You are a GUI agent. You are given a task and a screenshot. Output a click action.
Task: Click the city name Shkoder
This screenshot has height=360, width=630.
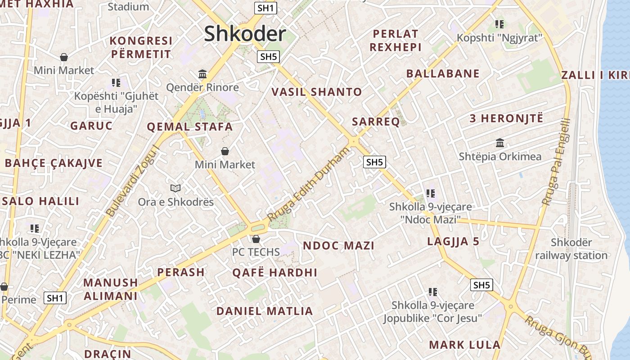(x=245, y=34)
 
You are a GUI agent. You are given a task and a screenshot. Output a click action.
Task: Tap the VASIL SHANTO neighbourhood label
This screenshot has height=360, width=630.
(x=317, y=92)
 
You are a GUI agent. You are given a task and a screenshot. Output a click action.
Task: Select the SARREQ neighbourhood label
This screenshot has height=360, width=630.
(x=376, y=121)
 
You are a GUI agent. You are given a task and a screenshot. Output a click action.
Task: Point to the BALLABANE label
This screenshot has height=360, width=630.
(x=443, y=74)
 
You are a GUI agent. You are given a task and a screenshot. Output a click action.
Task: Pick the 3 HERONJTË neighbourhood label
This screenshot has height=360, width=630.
(x=506, y=119)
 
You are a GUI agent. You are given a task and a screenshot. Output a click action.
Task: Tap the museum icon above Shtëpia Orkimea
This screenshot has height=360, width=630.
(x=499, y=143)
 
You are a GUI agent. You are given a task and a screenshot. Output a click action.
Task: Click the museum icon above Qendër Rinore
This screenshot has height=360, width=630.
(x=202, y=74)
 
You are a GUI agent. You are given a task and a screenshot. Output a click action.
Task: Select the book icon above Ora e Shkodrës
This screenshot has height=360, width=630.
(x=175, y=188)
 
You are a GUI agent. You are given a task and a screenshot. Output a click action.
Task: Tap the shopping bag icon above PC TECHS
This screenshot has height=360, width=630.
(x=256, y=238)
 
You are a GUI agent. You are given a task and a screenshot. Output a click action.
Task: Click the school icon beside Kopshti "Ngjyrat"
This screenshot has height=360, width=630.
(x=499, y=24)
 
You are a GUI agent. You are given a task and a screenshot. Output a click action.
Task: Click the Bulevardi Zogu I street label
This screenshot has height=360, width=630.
(x=133, y=180)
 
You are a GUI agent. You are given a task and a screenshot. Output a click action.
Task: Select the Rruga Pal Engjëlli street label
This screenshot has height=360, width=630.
(x=556, y=162)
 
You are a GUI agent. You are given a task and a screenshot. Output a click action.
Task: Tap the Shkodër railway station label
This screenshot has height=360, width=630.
(x=571, y=249)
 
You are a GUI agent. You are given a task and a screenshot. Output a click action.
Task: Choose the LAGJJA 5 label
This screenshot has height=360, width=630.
(x=453, y=242)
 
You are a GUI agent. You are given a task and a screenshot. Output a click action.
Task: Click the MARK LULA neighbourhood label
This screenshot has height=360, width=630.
(x=464, y=345)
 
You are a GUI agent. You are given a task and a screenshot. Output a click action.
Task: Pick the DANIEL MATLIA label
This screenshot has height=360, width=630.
(x=265, y=311)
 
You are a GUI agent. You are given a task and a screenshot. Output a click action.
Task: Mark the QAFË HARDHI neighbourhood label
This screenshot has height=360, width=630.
(x=274, y=273)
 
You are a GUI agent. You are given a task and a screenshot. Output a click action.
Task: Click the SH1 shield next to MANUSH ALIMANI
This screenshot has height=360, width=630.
(x=55, y=297)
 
